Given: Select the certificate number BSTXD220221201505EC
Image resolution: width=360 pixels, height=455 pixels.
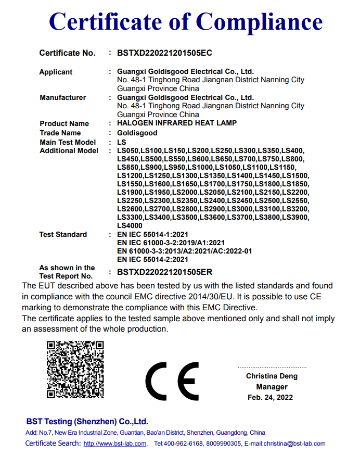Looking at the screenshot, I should [164, 53].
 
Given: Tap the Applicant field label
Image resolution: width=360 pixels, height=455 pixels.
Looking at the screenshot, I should [56, 72].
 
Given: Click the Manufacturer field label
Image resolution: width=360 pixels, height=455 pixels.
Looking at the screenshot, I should [62, 97].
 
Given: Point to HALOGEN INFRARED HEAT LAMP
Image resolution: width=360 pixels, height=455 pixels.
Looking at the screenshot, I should [177, 123].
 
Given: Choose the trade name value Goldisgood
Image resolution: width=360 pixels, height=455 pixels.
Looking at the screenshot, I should [135, 133].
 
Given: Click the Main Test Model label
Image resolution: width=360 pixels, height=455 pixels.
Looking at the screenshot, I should [68, 142].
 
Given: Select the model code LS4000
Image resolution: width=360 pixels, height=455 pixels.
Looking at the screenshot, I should [130, 226].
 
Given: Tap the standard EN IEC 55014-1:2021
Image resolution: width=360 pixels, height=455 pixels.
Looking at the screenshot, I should [153, 234].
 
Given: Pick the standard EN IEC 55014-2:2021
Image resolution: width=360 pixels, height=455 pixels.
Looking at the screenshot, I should [153, 259].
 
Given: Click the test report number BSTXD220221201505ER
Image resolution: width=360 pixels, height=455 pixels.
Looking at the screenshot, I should [164, 272].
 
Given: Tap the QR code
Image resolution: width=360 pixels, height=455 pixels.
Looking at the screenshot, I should [75, 370].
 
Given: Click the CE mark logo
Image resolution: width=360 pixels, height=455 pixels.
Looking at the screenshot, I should [171, 380].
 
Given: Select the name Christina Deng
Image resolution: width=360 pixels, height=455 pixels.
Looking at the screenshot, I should [272, 376].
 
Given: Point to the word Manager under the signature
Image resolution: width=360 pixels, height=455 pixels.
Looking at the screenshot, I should [272, 387].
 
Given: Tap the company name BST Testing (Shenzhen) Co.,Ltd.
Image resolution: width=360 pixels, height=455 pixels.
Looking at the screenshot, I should [87, 422].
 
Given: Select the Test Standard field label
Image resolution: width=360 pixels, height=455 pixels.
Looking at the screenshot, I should [63, 234].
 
